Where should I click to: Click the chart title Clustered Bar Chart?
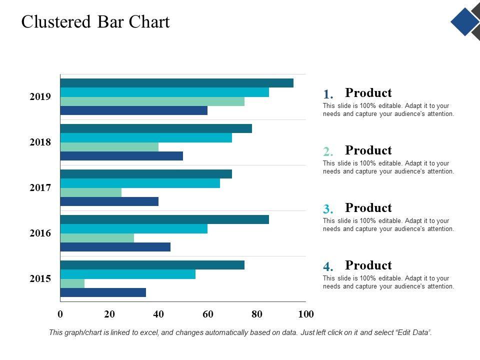coord(95,22)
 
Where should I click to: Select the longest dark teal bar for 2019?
coord(176,83)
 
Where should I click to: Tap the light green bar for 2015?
coord(72,283)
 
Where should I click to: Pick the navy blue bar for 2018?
coord(121,156)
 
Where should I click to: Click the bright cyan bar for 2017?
coord(140,183)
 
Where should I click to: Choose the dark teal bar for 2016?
coord(164,219)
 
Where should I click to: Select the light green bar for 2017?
coord(91,192)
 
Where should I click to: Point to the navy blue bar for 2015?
coord(103,292)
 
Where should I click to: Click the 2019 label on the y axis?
coord(40,96)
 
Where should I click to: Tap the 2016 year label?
coord(40,233)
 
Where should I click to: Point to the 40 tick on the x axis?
coord(158,314)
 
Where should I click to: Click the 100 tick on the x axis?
coord(305,314)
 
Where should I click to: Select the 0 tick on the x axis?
coord(60,314)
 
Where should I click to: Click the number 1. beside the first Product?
coord(328,94)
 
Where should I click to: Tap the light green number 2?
coord(328,151)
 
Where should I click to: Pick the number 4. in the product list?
coord(328,266)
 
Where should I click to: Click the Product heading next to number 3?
coord(368,208)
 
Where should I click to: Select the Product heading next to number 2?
coord(368,150)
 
